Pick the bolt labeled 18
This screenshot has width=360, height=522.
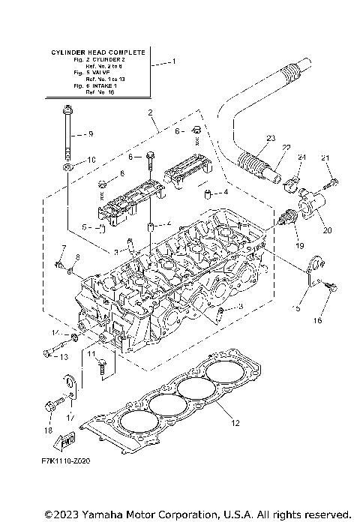click(52, 405)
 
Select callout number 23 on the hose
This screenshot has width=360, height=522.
click(271, 137)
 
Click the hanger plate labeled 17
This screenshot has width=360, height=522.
click(70, 388)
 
